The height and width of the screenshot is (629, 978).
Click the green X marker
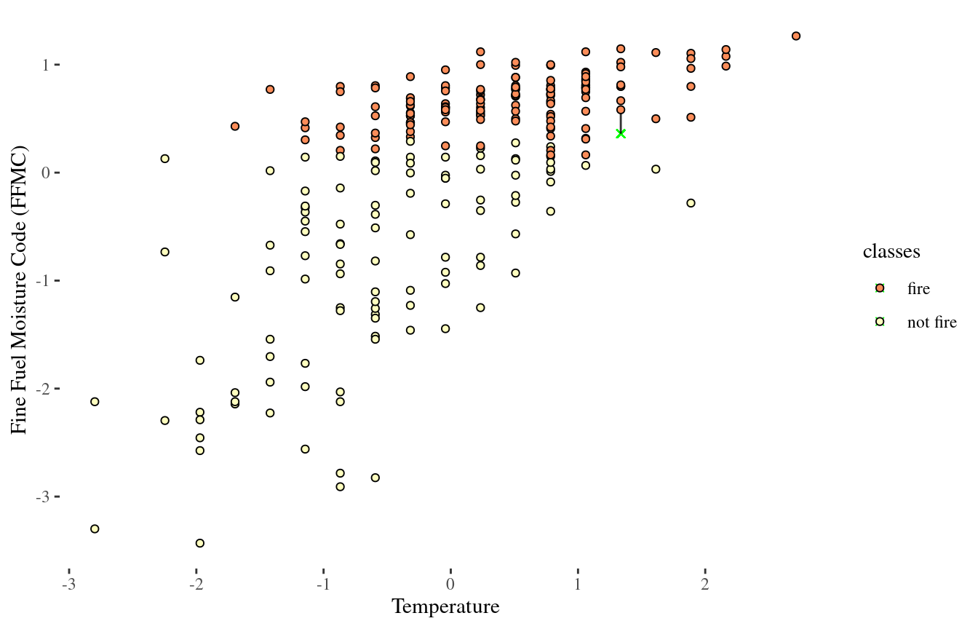coord(621,133)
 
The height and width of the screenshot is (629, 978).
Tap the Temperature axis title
coord(445,606)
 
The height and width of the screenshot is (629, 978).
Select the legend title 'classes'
coord(891,252)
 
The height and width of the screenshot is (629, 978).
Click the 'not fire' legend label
coord(931,323)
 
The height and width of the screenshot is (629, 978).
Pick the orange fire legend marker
coord(880,288)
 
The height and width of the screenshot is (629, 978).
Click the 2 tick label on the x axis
coord(704,586)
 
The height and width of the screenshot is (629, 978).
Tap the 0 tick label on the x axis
coord(450,586)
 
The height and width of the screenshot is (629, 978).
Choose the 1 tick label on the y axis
coord(44,65)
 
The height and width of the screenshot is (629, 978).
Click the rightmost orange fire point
coord(796,36)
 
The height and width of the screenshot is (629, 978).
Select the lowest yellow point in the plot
coord(200,543)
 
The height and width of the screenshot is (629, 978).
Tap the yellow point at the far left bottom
coord(95,529)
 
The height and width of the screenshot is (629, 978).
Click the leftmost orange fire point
coord(235,126)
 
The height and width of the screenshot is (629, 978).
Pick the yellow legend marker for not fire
coord(880,321)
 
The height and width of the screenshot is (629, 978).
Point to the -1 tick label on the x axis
coord(323,586)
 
